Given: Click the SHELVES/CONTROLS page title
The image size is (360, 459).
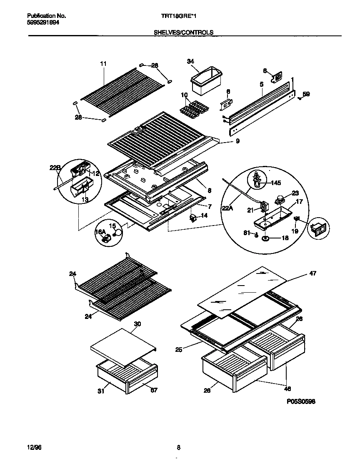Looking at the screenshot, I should (183, 32).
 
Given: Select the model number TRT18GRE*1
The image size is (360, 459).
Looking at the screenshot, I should (179, 16).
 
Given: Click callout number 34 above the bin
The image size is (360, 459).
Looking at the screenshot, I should (190, 62).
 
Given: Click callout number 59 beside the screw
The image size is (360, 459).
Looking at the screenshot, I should (306, 94).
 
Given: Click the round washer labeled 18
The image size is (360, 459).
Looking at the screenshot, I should (265, 238).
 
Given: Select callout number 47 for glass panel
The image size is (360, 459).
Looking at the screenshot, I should (312, 273).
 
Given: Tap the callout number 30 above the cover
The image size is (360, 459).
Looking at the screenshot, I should (137, 324).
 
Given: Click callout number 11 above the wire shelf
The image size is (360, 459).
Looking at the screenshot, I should (103, 64).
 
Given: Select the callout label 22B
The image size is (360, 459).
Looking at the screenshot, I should (55, 168).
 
